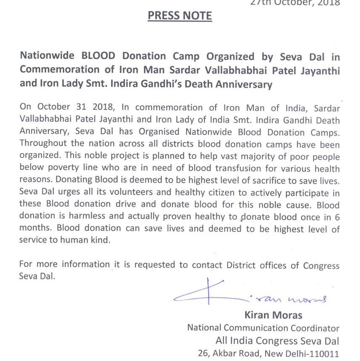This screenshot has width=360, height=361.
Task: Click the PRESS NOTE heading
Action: (180, 16)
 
